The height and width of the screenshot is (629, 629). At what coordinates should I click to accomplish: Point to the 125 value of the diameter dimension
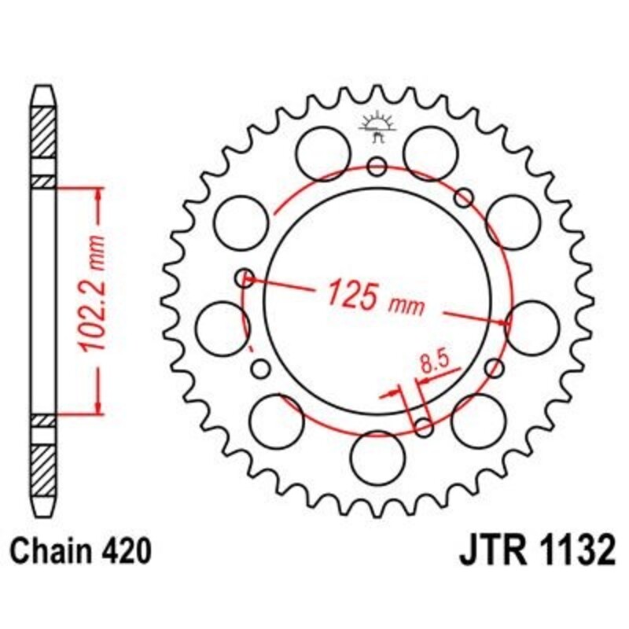[x=352, y=294]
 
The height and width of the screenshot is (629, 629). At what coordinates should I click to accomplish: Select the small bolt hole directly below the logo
[x=377, y=166]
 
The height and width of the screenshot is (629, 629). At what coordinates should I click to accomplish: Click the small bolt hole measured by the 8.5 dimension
[x=423, y=427]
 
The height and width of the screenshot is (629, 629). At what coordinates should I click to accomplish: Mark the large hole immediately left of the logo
[x=324, y=149]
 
